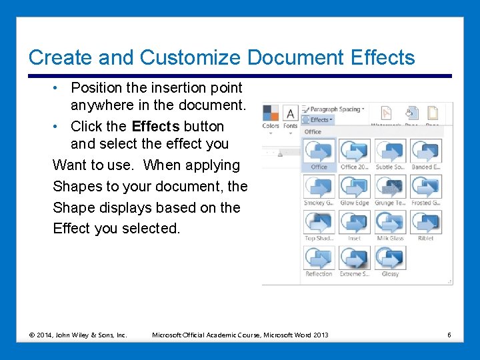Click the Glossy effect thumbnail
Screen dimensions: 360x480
pos(390,258)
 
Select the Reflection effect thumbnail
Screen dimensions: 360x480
pos(319,258)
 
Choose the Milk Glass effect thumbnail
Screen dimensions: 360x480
pos(390,222)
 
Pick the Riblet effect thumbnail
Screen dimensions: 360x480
pos(425,222)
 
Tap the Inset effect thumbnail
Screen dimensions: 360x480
pos(354,222)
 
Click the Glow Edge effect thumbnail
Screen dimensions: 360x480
pos(354,187)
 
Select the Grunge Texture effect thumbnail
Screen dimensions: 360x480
pos(390,187)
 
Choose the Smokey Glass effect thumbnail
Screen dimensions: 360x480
pos(319,187)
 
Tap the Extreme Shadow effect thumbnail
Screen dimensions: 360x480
pos(354,258)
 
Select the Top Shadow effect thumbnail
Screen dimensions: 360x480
pos(319,222)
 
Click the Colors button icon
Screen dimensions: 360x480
pos(271,113)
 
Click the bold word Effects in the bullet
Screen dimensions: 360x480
pos(155,126)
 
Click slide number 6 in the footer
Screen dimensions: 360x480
pos(449,334)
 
